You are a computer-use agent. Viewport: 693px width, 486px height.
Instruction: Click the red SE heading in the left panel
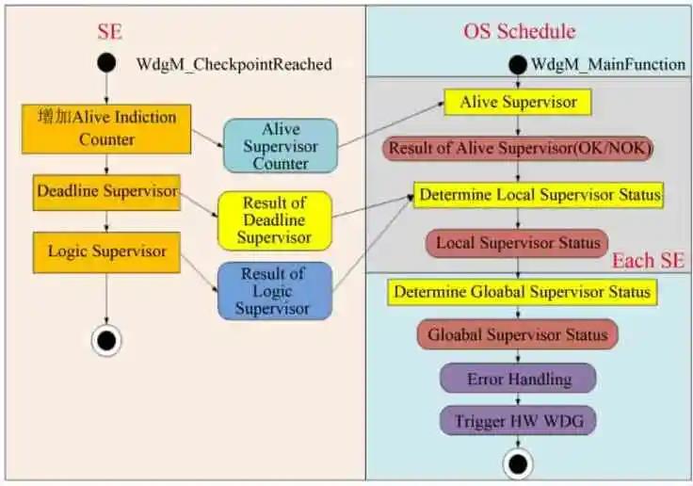coord(110,32)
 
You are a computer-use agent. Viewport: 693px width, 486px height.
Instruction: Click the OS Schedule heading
coord(519,31)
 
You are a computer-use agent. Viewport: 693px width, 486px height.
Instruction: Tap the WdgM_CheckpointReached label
coord(234,64)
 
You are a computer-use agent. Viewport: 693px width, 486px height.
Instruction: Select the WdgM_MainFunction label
coord(608,64)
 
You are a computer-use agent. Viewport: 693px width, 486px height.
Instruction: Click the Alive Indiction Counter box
coord(106,128)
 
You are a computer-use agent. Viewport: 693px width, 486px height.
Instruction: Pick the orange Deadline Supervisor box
coord(106,192)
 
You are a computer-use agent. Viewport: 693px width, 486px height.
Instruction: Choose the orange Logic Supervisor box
coord(106,252)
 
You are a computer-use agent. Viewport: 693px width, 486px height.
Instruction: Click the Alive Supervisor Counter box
coord(280,145)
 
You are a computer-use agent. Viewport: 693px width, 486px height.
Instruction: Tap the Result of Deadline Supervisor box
coord(274,220)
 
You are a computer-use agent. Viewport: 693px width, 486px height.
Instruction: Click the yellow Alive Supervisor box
coord(517,102)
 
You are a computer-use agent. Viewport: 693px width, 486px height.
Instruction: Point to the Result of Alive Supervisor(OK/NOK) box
coord(517,149)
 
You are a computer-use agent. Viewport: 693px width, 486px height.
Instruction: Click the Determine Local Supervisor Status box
coord(540,196)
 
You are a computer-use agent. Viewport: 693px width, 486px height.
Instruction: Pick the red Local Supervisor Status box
coord(517,243)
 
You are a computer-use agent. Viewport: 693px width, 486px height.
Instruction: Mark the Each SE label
coord(648,261)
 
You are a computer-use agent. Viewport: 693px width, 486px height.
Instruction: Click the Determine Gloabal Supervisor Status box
coord(522,292)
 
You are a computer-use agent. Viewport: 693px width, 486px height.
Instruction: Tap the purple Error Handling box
coord(518,379)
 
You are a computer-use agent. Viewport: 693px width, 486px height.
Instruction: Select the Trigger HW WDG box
coord(518,420)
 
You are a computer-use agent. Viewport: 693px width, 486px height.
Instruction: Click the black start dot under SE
coord(106,63)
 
